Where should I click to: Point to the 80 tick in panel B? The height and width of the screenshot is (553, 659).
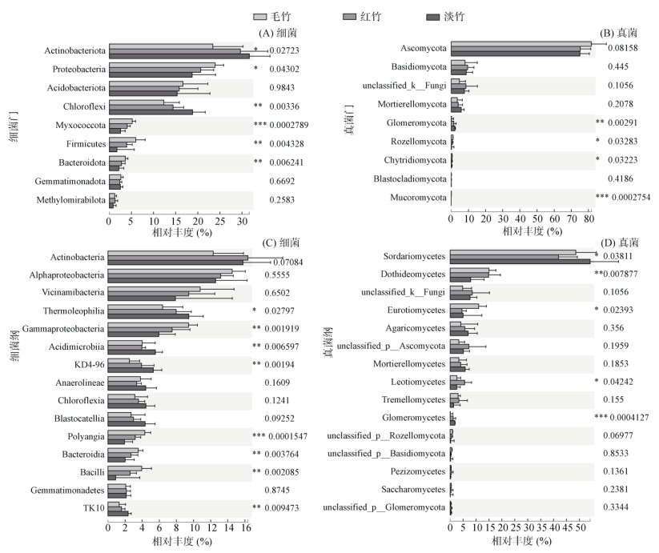tap(589, 218)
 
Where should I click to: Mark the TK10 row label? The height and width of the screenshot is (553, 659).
tap(91, 507)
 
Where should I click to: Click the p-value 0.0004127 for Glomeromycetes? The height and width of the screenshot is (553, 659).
tap(629, 417)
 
